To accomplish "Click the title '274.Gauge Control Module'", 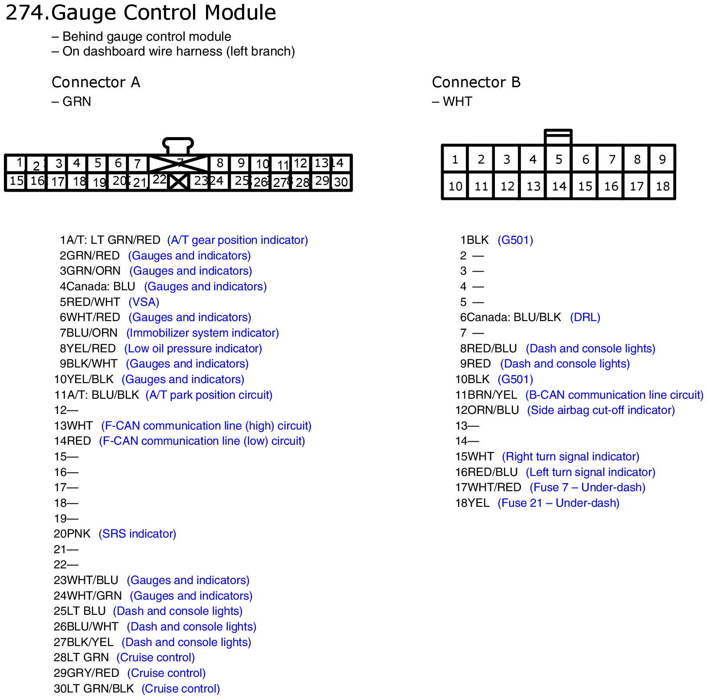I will pos(141,12).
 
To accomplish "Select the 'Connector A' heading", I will pos(95,82).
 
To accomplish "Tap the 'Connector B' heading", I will pos(476,82).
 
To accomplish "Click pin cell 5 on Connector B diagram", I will pos(559,159).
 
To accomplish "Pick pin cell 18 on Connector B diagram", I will pos(662,186).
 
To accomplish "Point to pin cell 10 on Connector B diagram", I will pos(455,186).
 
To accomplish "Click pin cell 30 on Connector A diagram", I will pos(341,182).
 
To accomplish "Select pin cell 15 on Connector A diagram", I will pos(16,181).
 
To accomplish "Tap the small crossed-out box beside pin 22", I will pos(178,181).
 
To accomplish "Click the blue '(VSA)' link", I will pos(144,302).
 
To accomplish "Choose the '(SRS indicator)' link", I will pos(137,534).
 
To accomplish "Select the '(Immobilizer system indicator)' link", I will pos(202,333).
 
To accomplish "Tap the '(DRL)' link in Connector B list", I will pos(585,317).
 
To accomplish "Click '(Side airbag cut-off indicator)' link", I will pos(601,410).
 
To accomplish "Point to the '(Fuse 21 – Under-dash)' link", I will pos(558,503).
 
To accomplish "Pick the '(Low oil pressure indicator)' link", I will pos(193,348).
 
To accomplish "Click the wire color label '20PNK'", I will pos(72,534).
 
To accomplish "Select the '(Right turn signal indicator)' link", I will pos(570,456).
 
